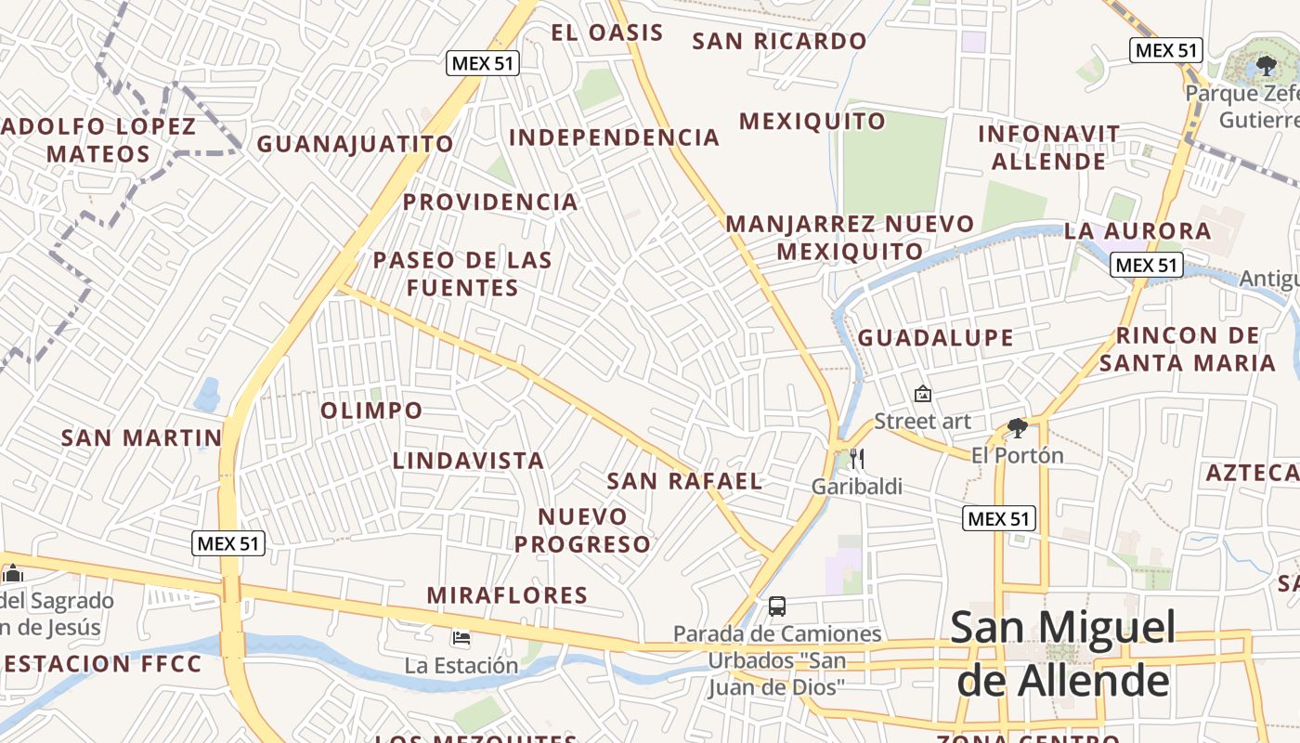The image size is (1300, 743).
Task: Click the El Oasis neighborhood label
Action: click(x=606, y=33)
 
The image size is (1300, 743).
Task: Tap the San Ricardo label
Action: click(x=779, y=42)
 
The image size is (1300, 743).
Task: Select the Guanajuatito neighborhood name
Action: click(x=355, y=144)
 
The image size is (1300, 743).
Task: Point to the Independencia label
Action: click(x=614, y=138)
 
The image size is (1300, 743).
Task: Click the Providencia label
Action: click(x=490, y=202)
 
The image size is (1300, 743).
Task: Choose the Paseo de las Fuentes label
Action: click(x=462, y=274)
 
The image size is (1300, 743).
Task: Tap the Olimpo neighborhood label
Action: click(x=371, y=411)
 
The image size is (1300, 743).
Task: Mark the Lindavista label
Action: click(x=468, y=461)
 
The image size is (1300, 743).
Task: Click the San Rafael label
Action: click(x=684, y=481)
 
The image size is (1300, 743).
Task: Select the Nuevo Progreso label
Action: click(x=583, y=530)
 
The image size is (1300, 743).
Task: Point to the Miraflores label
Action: click(x=507, y=595)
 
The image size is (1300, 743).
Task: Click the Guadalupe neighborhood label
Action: click(x=935, y=338)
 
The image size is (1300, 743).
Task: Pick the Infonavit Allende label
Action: click(x=1049, y=148)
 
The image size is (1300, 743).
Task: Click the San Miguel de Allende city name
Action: click(x=1062, y=655)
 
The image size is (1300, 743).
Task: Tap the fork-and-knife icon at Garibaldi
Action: click(x=857, y=459)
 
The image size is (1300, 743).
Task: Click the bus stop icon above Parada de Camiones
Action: click(x=777, y=606)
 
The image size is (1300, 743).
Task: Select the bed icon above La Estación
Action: click(x=461, y=638)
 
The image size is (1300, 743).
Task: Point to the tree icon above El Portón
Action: click(x=1018, y=428)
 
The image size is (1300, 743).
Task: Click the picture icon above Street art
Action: click(x=923, y=394)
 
